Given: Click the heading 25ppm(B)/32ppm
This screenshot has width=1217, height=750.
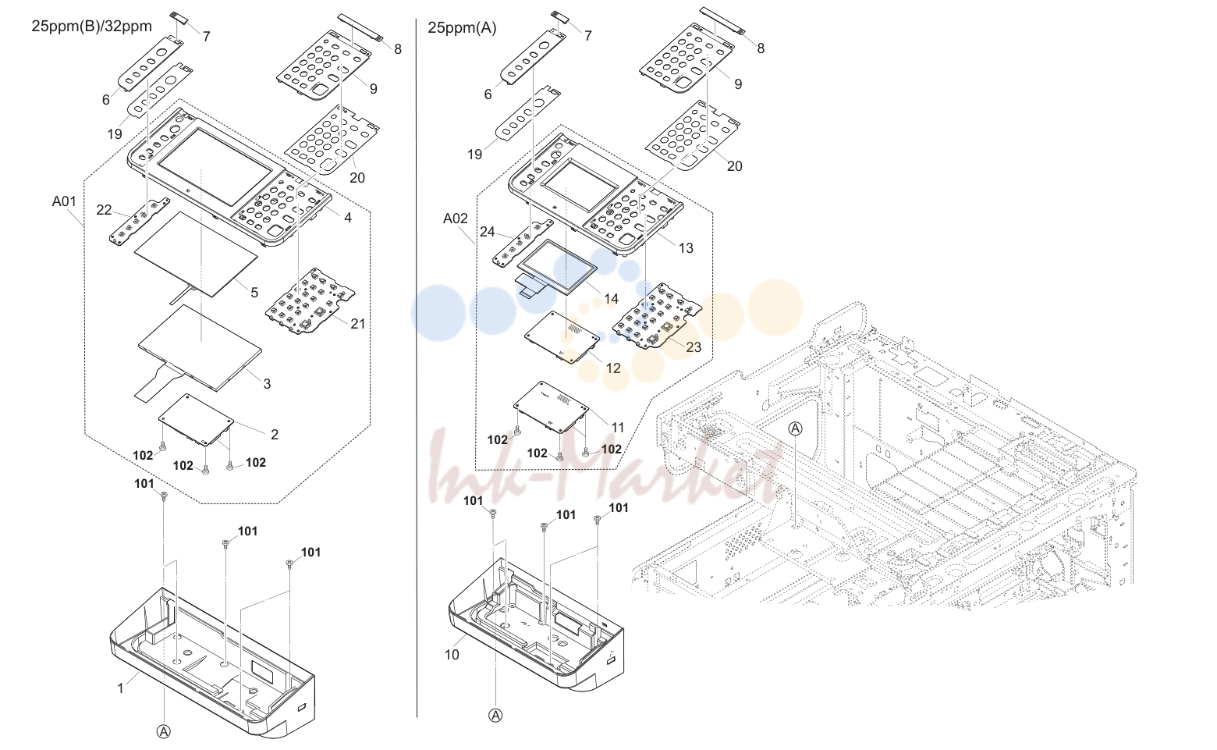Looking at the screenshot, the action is click(x=92, y=26).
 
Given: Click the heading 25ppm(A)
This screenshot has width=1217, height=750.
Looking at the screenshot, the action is click(x=462, y=28).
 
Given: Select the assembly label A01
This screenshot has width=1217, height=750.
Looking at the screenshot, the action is click(x=64, y=201).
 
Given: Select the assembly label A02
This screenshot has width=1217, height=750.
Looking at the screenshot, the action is click(x=456, y=219).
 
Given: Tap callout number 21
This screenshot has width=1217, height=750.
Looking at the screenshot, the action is click(x=357, y=324).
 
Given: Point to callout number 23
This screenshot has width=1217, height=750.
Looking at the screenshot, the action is click(x=694, y=347).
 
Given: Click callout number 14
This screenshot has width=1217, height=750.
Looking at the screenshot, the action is click(x=611, y=299).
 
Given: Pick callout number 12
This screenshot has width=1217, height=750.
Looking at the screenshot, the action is click(x=613, y=368).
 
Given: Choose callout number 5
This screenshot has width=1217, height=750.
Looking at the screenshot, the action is click(x=254, y=293).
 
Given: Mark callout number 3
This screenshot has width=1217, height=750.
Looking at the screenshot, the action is click(x=267, y=384).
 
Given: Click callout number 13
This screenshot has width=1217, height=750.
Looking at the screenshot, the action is click(x=687, y=248).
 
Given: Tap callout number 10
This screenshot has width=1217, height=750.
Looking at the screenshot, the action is click(x=452, y=655).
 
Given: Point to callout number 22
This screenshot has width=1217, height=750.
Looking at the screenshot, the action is click(x=104, y=210).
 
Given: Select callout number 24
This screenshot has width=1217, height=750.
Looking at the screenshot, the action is click(x=488, y=232).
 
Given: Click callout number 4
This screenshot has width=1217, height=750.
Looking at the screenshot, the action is click(x=348, y=218).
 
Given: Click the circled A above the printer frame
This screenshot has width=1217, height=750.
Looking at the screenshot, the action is click(x=795, y=428).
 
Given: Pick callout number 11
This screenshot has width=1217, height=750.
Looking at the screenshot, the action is click(x=618, y=428).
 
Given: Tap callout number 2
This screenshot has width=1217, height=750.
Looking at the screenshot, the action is click(x=275, y=435).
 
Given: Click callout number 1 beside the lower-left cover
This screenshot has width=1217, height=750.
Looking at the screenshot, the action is click(x=121, y=688).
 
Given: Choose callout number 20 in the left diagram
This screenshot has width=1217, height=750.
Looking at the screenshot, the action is click(x=357, y=178).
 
